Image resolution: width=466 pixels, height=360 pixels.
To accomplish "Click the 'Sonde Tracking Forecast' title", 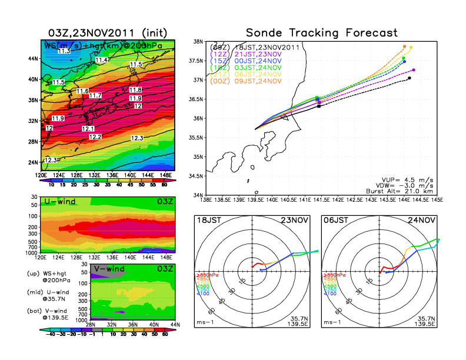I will pos(321,32).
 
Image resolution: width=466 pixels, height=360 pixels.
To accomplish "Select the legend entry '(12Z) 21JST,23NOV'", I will pos(255,54).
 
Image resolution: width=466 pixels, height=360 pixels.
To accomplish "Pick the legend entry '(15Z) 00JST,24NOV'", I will pos(255,61).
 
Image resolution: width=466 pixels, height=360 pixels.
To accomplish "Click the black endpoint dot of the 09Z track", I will pos(410,78).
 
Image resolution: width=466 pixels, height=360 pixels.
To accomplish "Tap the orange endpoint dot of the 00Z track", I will pos(405,46).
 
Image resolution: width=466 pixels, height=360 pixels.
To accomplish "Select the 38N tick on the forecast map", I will pos(198,42).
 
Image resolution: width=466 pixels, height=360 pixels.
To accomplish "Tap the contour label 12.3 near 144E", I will pos(137,138).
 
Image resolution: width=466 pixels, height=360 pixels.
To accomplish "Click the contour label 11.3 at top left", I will pos(64,52).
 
